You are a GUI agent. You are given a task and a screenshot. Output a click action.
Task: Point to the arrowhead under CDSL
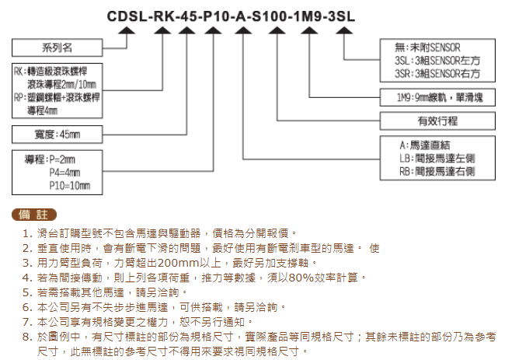tap(127, 30)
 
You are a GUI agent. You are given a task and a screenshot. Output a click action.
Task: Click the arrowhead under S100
tap(277, 30)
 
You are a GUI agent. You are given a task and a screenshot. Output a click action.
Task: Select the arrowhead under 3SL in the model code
tap(344, 30)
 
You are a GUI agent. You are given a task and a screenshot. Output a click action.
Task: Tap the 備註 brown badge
tap(34, 215)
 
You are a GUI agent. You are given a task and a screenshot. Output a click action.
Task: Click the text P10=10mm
tap(70, 186)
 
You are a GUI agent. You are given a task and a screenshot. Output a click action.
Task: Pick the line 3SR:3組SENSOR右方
tap(437, 74)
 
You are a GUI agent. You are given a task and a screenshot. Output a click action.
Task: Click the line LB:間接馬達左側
tap(437, 159)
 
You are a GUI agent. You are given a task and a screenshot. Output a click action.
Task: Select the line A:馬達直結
tap(424, 145)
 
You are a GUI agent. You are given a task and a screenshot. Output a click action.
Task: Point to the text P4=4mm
tap(64, 173)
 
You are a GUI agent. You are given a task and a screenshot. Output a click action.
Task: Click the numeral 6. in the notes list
tap(27, 307)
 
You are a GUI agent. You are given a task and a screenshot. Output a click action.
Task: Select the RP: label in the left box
tap(20, 97)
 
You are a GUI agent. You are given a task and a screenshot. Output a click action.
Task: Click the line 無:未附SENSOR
tap(427, 47)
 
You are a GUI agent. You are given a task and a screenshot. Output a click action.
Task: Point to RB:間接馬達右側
tap(437, 172)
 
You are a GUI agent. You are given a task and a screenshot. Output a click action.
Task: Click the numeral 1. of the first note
tap(27, 233)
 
